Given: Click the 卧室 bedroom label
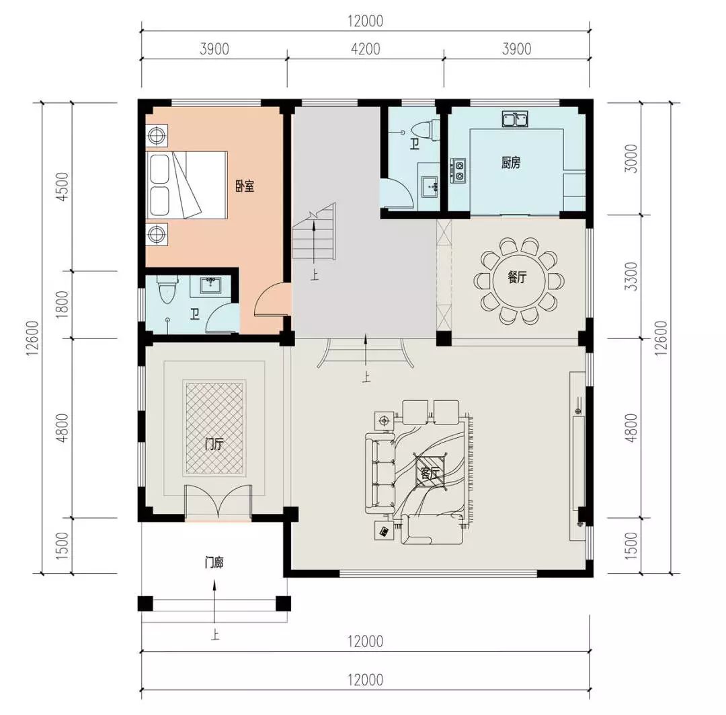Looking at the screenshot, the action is coord(245,186).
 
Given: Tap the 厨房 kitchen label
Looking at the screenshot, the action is coord(511,163).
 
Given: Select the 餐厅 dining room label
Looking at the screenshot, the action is coord(517,278).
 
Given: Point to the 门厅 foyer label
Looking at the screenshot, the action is coord(214,445).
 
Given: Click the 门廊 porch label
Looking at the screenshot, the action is coord(214,563).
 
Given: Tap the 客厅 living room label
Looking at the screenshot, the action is coord(430,474).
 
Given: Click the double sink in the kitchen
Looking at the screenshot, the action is coord(516,119).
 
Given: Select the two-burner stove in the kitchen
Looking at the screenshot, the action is coord(459,170).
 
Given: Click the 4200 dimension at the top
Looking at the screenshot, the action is coord(365,49).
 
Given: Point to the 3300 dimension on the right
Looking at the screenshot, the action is coord(630,276).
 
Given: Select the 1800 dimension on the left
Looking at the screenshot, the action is coord(62,305).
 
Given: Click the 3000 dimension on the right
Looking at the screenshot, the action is coord(630,159).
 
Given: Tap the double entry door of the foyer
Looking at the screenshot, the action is coord(218,502).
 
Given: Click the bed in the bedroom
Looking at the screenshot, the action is coord(186,185).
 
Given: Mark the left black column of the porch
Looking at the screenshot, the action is coord(145,603).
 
